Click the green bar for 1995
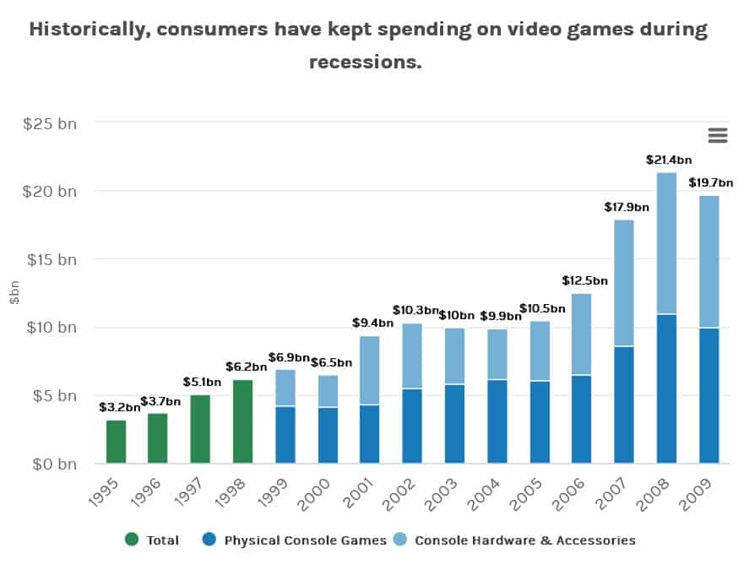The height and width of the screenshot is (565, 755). pyautogui.click(x=116, y=442)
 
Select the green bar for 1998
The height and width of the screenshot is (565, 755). pyautogui.click(x=242, y=421)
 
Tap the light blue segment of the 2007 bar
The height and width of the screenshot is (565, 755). pyautogui.click(x=623, y=283)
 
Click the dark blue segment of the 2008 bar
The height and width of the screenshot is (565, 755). pyautogui.click(x=666, y=388)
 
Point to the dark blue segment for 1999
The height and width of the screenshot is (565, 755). pyautogui.click(x=285, y=435)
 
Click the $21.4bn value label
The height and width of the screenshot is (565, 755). pyautogui.click(x=668, y=159)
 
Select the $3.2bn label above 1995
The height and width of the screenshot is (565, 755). pyautogui.click(x=119, y=407)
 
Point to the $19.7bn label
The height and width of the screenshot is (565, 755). pyautogui.click(x=710, y=182)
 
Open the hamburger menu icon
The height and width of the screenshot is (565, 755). pyautogui.click(x=717, y=135)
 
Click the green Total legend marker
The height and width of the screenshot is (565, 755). pyautogui.click(x=131, y=540)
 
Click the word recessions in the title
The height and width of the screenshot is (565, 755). pyautogui.click(x=365, y=62)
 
